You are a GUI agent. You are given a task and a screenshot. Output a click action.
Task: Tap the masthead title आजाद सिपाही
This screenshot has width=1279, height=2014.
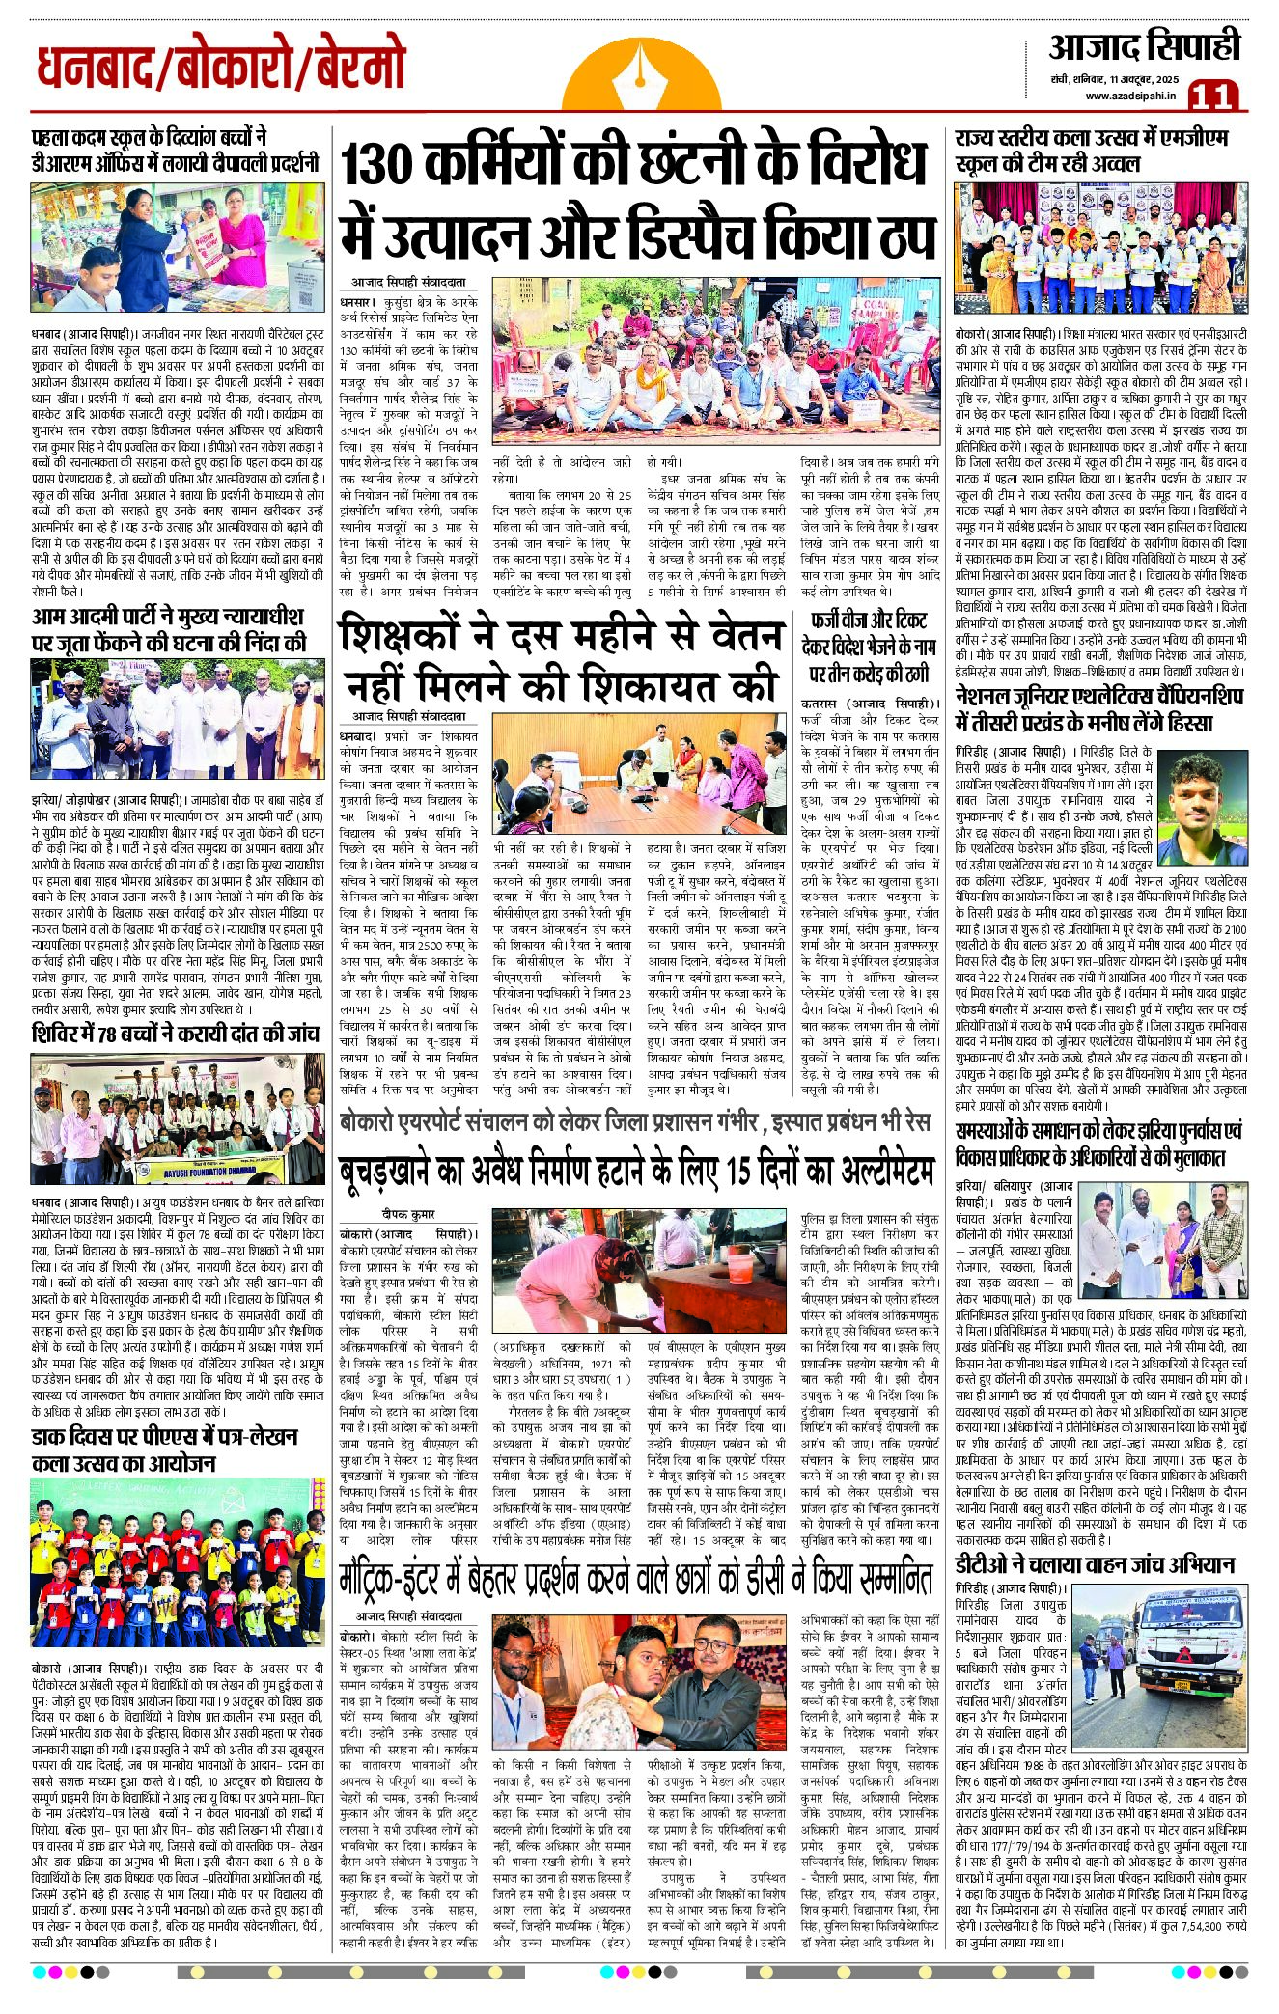pyautogui.click(x=1144, y=46)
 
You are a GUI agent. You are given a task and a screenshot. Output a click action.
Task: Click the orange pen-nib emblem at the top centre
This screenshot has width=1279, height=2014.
pyautogui.click(x=642, y=73)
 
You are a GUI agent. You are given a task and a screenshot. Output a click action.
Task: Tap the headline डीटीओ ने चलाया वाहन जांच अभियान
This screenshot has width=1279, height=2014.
pyautogui.click(x=1095, y=1563)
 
